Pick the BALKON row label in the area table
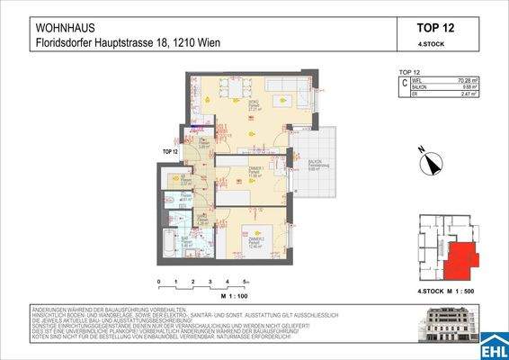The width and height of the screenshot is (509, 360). (x=421, y=86)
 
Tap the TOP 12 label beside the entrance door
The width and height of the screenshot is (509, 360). (x=170, y=152)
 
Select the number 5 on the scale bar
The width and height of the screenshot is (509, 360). (x=245, y=282)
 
